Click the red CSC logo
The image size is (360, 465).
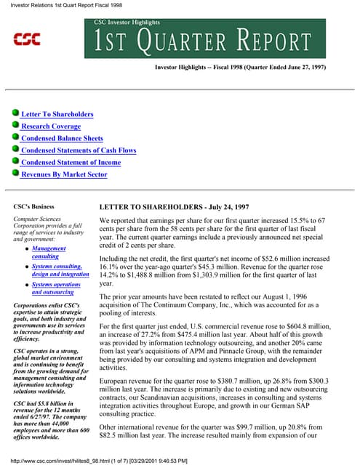click(x=28, y=37)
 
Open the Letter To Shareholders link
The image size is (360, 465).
click(x=57, y=114)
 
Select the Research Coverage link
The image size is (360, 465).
click(x=51, y=126)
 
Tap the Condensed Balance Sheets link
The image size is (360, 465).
click(x=63, y=138)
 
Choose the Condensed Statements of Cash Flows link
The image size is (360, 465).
click(x=79, y=150)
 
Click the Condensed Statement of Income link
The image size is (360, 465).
click(x=71, y=162)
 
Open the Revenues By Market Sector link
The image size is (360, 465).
click(x=64, y=174)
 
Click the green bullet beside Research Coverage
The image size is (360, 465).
click(x=15, y=126)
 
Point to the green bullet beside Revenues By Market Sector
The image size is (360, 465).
click(x=15, y=174)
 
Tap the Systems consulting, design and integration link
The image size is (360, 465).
click(x=60, y=270)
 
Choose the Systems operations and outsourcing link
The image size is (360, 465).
click(x=57, y=288)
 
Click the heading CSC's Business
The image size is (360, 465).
click(x=35, y=206)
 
